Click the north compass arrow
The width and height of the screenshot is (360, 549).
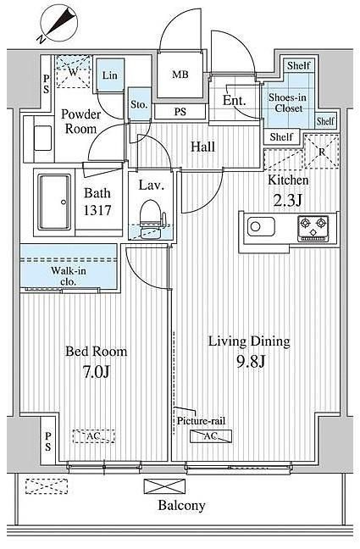[59, 23]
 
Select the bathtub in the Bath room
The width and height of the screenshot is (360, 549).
[54, 202]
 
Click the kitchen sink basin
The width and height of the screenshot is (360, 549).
[261, 226]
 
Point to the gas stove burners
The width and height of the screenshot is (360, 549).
[313, 229]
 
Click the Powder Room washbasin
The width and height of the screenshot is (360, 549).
[42, 138]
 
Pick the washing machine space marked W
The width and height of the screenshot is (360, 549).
[73, 71]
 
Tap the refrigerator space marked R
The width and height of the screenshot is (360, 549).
[322, 152]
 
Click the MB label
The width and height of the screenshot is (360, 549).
[180, 75]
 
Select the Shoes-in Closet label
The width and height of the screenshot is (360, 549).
[288, 103]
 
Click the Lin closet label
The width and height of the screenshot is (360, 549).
[109, 75]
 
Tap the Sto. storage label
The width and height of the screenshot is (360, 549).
[139, 104]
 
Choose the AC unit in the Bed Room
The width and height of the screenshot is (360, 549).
[94, 436]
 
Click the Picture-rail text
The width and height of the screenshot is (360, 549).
[201, 420]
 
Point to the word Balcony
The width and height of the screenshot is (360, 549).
[181, 505]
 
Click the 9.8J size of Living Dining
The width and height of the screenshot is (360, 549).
[251, 362]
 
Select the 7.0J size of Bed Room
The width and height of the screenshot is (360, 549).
[97, 372]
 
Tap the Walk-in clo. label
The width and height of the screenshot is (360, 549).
[69, 276]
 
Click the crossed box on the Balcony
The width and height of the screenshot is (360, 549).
[164, 486]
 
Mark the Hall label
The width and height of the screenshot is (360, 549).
[202, 147]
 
